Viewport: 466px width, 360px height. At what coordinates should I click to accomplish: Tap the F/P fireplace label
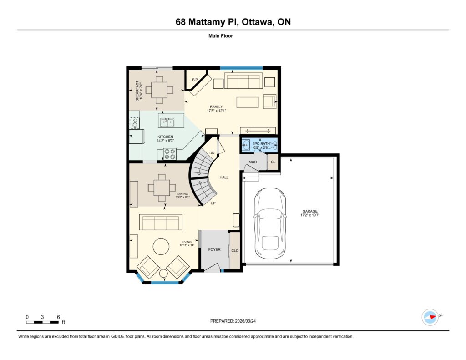click(x=195, y=80)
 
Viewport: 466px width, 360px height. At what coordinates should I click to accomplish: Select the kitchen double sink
click(x=167, y=122)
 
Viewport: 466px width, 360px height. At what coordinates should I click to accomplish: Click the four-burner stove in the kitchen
click(x=170, y=154)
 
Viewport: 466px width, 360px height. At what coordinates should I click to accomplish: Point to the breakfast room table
click(x=159, y=90)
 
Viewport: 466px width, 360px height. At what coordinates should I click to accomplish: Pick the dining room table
click(x=162, y=188)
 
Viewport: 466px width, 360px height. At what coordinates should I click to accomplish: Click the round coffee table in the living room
click(x=162, y=246)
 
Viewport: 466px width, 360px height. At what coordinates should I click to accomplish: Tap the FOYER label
click(x=214, y=250)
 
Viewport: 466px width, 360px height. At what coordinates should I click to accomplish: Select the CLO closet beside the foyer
click(x=235, y=251)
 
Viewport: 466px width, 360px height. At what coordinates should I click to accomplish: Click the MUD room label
click(x=253, y=162)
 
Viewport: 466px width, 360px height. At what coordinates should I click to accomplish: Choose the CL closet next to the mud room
click(x=273, y=162)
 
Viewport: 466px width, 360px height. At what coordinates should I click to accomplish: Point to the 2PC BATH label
click(x=261, y=143)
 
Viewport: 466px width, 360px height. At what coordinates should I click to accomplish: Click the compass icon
click(x=430, y=317)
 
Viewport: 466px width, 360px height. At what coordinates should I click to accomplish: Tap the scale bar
click(x=42, y=322)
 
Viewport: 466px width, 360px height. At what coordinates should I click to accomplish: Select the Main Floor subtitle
click(x=221, y=36)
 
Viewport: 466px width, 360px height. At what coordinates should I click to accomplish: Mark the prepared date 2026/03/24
click(x=245, y=321)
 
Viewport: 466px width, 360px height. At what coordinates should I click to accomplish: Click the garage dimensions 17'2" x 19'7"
click(x=309, y=215)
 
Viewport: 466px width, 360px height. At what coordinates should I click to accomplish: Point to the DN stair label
click(x=212, y=153)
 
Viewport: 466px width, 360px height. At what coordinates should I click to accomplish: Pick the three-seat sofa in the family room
click(x=243, y=81)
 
